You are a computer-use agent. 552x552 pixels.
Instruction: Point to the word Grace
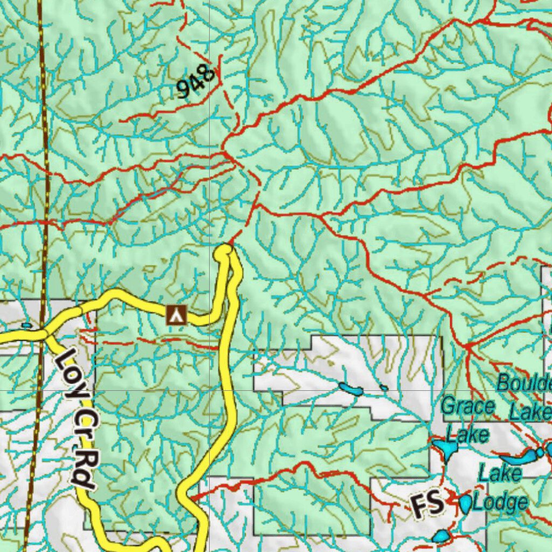coord(467,406)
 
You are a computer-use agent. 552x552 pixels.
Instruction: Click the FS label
coord(428,505)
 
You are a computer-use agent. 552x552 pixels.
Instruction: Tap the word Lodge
coord(501,502)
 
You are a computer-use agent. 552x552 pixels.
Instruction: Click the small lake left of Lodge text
coord(465,503)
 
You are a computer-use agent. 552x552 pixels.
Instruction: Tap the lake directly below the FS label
coord(441,536)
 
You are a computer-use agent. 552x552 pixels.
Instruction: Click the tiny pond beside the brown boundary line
coord(26,325)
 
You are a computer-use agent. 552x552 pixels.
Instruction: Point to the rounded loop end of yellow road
coord(223,251)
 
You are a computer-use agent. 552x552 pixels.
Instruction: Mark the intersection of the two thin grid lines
coord(209,389)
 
